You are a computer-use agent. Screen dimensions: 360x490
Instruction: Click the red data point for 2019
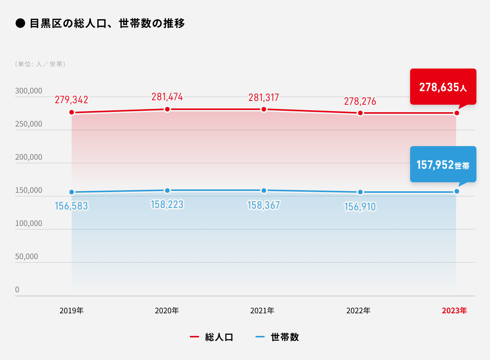(x=72, y=112)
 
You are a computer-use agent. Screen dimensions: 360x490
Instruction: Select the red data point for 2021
(x=264, y=109)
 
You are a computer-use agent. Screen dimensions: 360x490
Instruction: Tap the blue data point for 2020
(x=167, y=191)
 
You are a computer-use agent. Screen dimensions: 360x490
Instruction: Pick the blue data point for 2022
(x=360, y=192)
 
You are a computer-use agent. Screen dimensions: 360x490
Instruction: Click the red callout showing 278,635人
(x=443, y=87)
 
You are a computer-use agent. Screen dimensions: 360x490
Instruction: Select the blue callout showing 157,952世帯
(x=443, y=165)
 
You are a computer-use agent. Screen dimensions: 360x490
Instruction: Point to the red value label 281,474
(x=167, y=97)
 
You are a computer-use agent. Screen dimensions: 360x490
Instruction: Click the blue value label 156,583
(x=71, y=206)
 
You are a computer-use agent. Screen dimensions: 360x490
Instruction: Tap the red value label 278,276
(x=360, y=101)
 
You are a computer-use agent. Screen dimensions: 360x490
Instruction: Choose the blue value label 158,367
(x=263, y=205)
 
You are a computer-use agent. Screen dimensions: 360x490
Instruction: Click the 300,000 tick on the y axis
(x=29, y=91)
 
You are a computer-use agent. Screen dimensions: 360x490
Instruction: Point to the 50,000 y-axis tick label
(x=26, y=256)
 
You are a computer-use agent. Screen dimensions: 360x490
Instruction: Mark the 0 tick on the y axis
(x=17, y=290)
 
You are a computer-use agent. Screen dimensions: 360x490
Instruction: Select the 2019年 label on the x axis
(x=71, y=311)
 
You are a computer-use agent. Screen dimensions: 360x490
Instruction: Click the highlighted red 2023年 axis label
(x=454, y=311)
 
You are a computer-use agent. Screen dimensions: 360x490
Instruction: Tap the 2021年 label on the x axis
(x=262, y=311)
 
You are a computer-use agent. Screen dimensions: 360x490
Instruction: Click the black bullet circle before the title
(x=20, y=23)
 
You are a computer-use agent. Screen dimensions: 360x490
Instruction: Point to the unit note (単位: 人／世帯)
(x=40, y=64)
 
